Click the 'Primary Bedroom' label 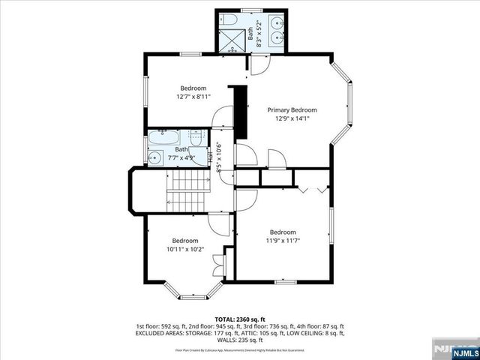292,109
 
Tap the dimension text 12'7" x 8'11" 193,97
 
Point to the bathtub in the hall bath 163,138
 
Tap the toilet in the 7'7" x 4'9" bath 194,138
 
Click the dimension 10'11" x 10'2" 185,249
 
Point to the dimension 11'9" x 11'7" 283,241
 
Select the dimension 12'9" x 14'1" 292,118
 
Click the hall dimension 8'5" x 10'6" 220,157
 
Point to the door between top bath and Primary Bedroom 257,66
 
